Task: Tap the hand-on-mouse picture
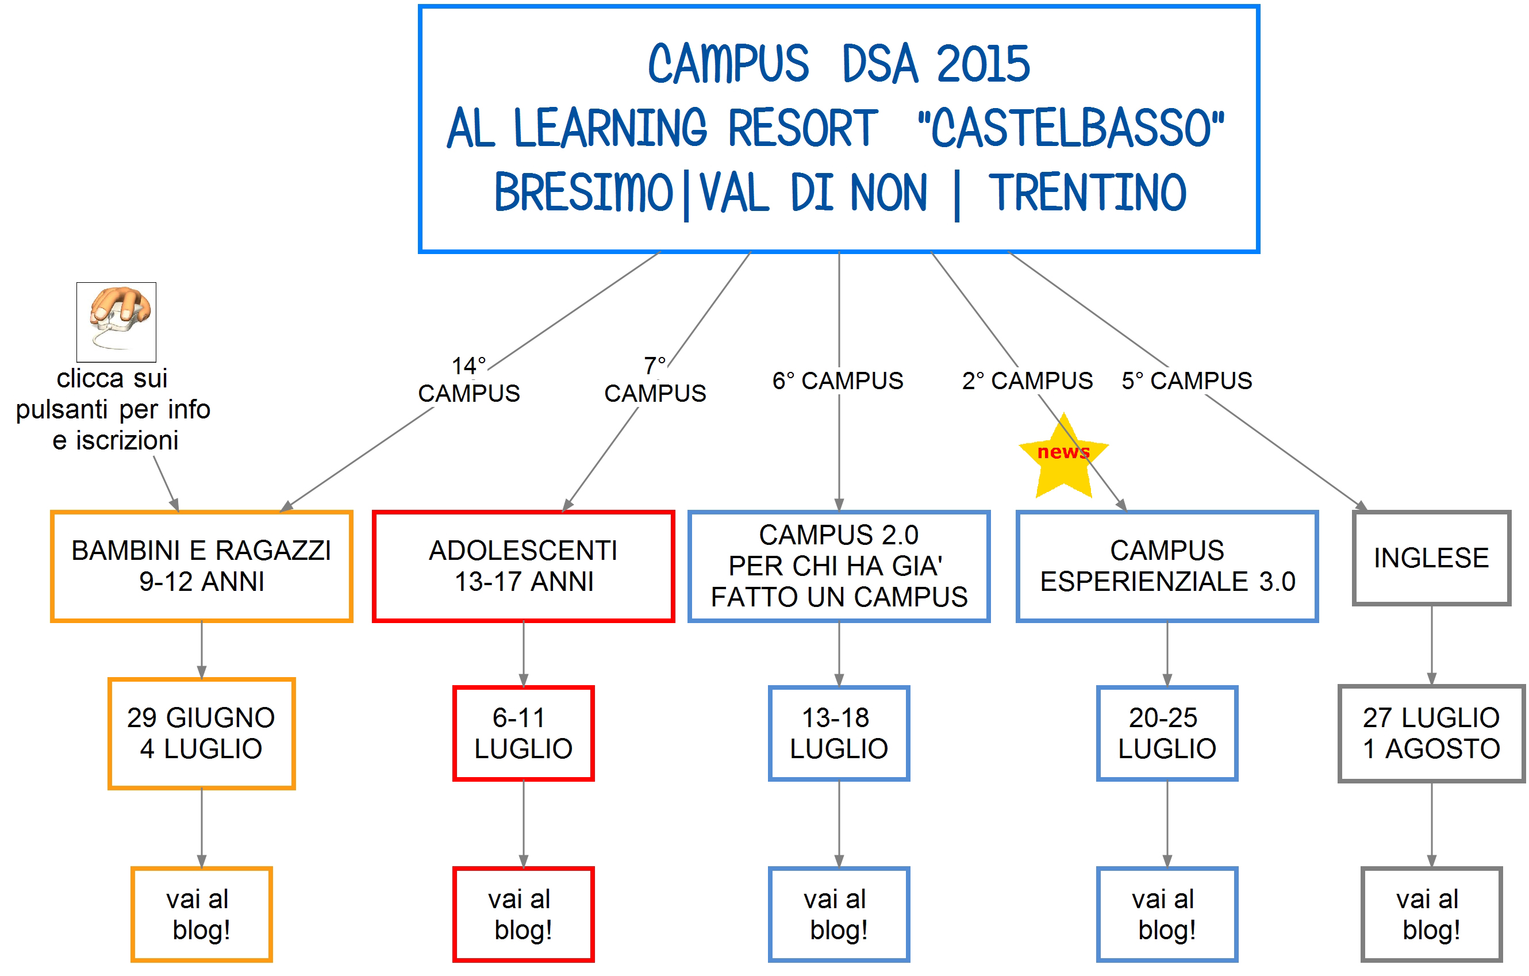pos(116,322)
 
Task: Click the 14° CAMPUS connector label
pos(468,380)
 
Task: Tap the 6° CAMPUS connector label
pos(838,381)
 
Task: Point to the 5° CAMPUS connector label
pos(1187,381)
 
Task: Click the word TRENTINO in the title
pos(1087,193)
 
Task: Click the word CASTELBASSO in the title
pos(1071,128)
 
